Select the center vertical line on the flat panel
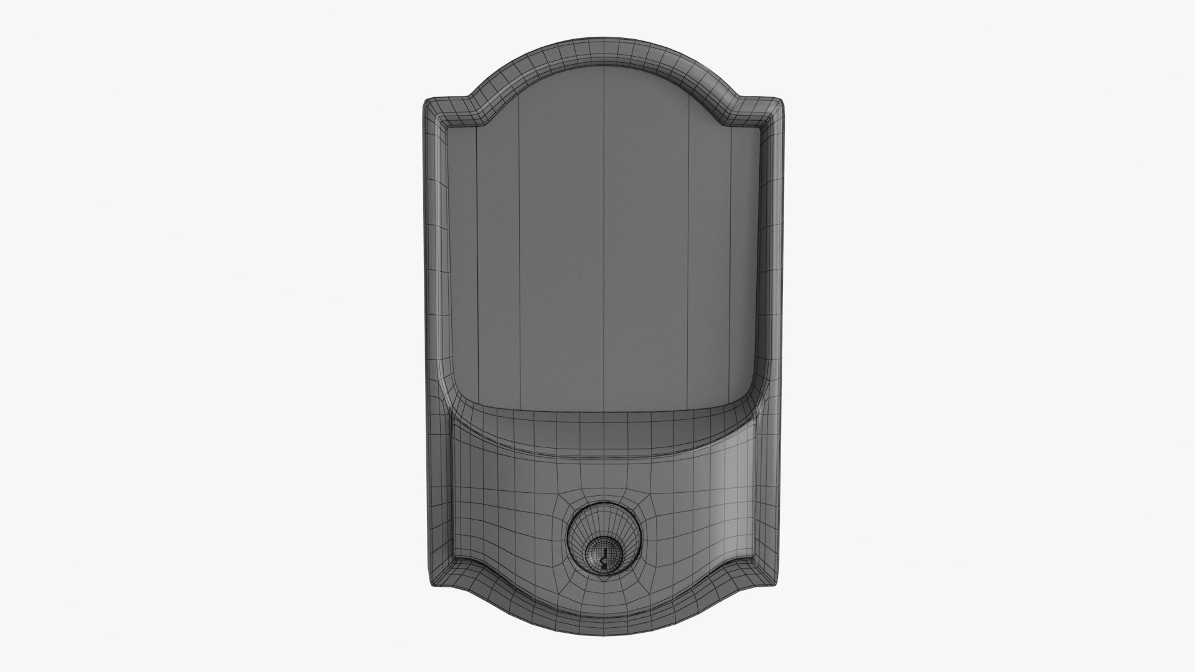click(x=606, y=249)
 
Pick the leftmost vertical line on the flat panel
click(x=477, y=249)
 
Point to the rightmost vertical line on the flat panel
click(x=731, y=249)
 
